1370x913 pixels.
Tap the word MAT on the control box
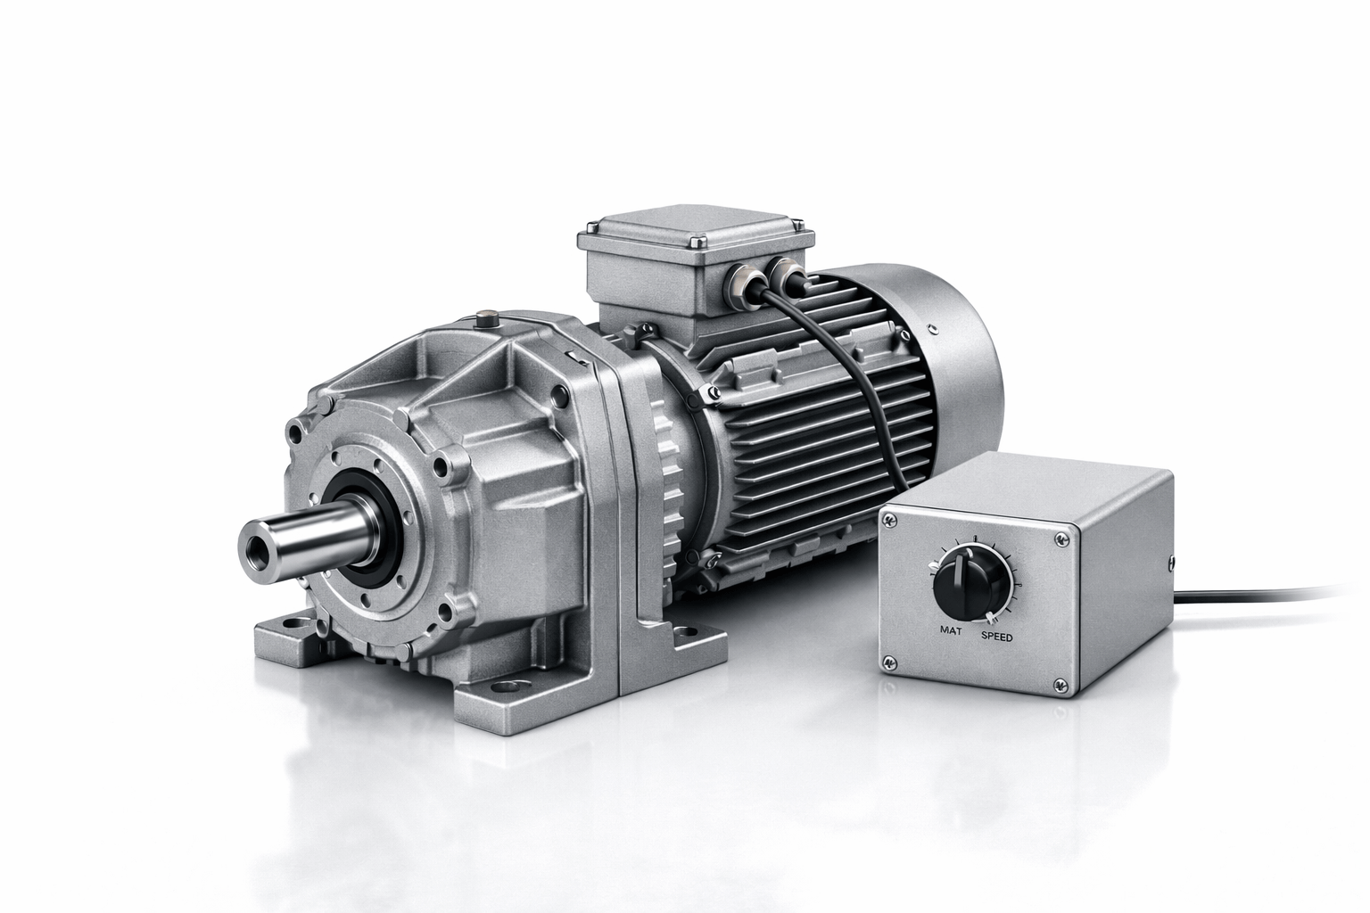pos(951,629)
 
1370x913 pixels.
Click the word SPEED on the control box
pos(997,637)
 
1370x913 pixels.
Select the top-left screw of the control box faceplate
pos(890,520)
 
